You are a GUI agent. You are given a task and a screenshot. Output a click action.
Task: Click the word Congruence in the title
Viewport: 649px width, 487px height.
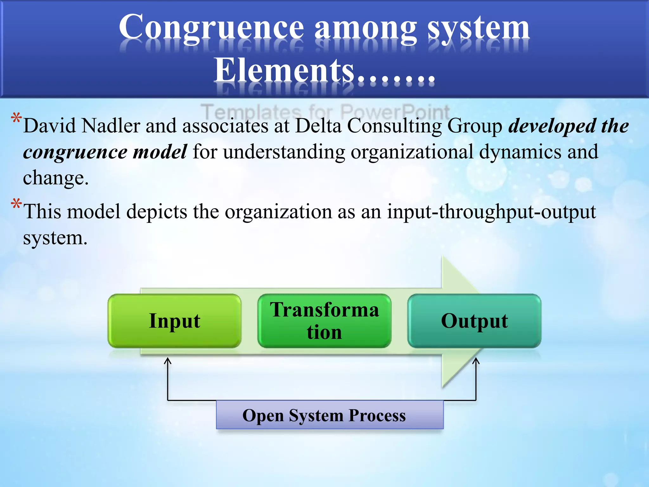[211, 28]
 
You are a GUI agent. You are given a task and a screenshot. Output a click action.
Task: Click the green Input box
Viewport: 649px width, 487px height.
[174, 321]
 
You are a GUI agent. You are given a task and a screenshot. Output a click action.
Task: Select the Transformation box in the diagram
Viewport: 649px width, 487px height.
[324, 321]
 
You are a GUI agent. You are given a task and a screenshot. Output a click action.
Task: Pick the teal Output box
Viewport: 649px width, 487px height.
[474, 321]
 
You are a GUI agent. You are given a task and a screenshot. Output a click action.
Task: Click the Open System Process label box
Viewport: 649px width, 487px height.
[330, 415]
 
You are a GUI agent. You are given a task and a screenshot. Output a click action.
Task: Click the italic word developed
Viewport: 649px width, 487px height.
[552, 126]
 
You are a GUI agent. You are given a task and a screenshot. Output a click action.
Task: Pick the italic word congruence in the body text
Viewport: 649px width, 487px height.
[75, 152]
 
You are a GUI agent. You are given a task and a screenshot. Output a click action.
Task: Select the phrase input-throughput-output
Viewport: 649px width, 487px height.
[491, 212]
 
